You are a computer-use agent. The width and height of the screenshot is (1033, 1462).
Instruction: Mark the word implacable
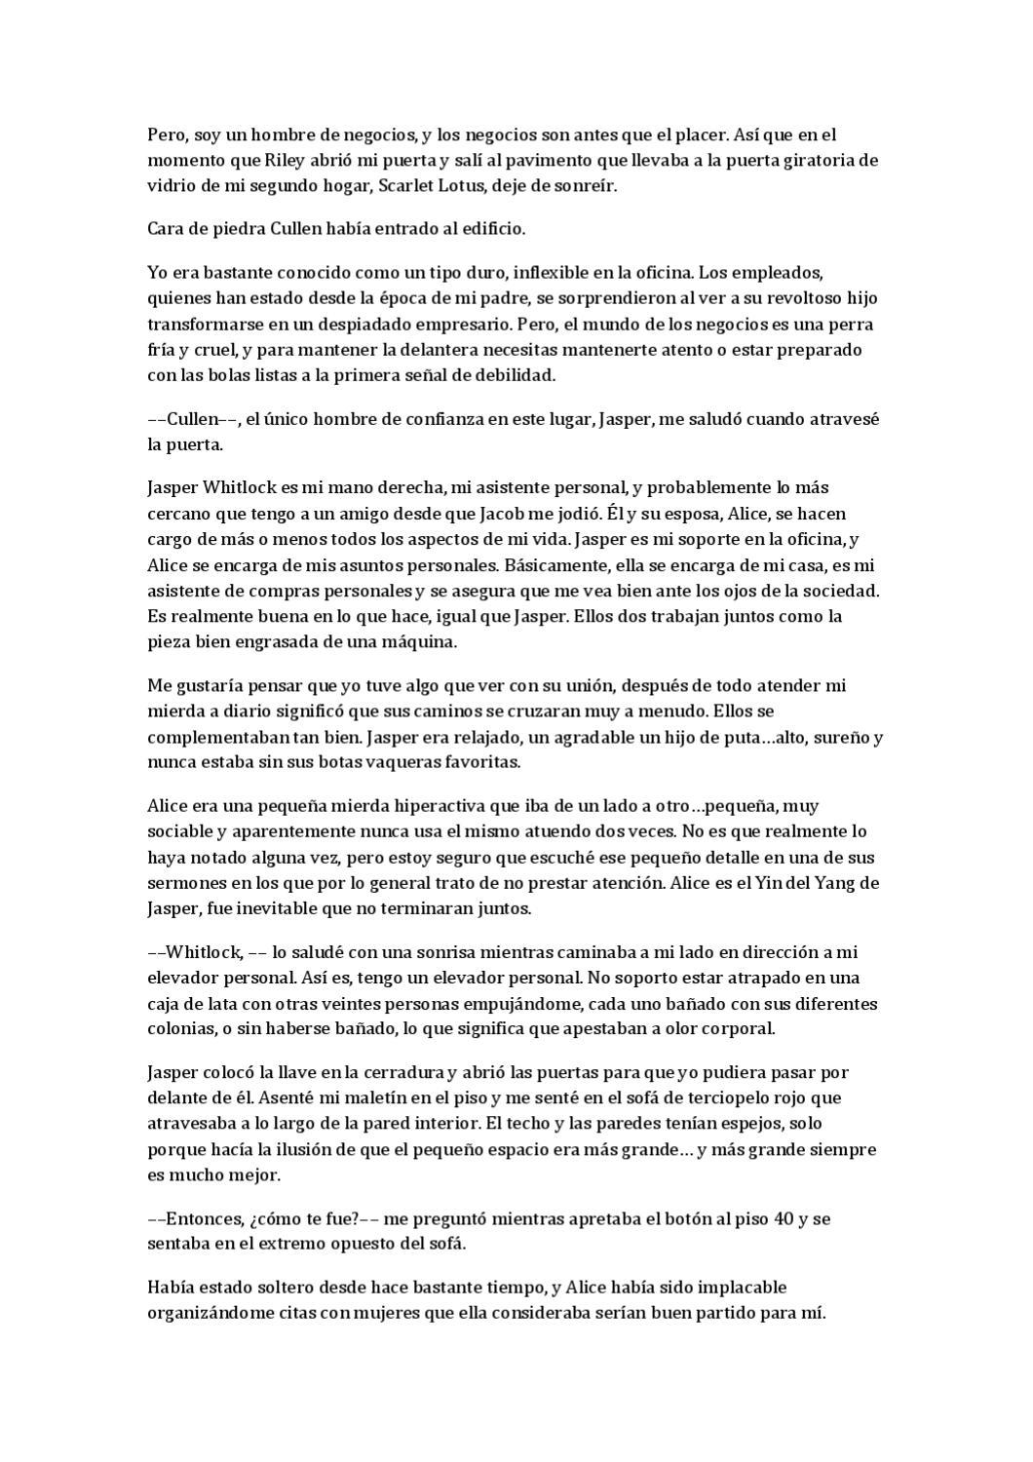coord(739,1287)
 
